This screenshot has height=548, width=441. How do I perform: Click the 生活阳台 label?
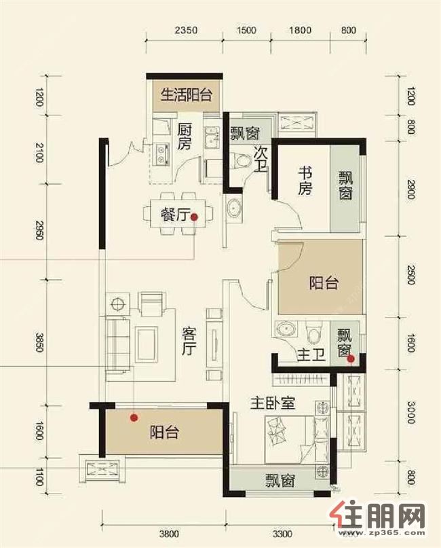point(185,95)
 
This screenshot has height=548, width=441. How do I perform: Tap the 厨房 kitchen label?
point(184,135)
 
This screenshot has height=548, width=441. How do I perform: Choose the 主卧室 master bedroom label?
point(273,403)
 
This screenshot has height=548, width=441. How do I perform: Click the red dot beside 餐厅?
point(194,217)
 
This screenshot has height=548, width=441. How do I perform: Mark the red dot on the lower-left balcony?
point(134,418)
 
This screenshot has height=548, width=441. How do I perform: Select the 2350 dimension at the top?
point(185,30)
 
